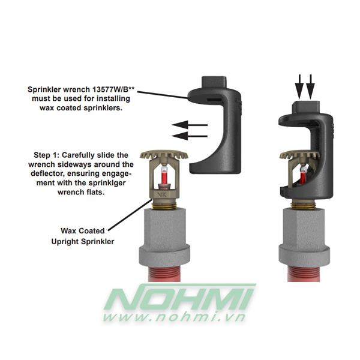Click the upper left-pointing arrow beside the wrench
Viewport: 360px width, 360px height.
[187, 125]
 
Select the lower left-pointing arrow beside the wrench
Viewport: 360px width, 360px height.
[187, 136]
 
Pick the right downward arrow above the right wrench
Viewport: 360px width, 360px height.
[310, 88]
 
